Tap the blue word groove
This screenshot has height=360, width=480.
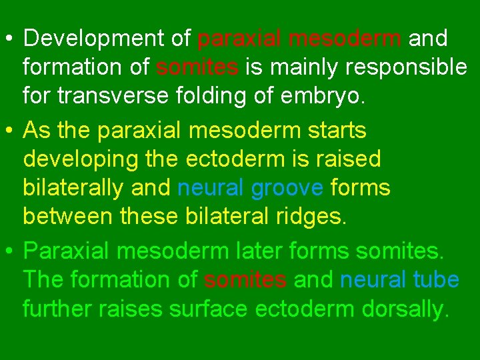[287, 188]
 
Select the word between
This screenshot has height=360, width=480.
[63, 217]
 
